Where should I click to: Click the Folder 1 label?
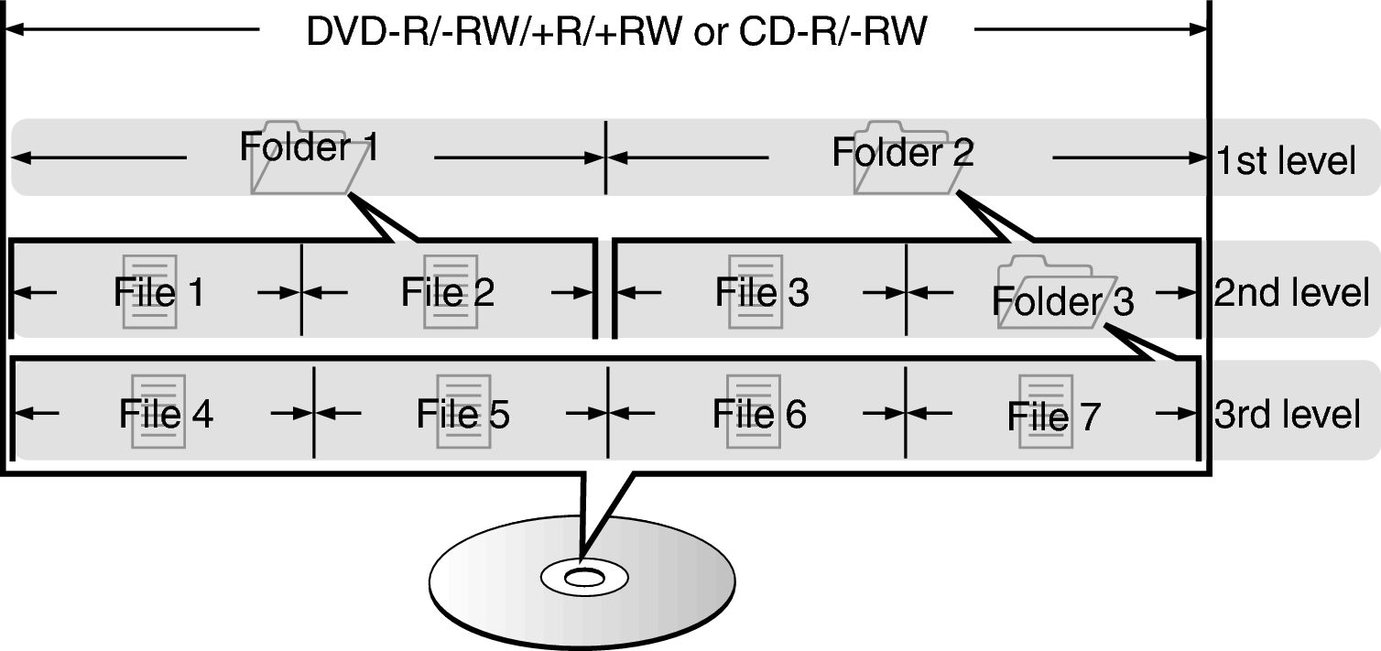click(x=309, y=147)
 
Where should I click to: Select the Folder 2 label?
click(x=902, y=152)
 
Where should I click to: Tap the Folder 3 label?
click(x=1062, y=300)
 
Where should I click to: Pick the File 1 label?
click(x=158, y=292)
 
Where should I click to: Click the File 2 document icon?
click(x=451, y=292)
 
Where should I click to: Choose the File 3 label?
click(x=762, y=292)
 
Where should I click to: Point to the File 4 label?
click(x=166, y=414)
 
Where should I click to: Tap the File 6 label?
click(x=759, y=414)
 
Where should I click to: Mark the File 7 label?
click(x=1053, y=417)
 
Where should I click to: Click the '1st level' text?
click(x=1286, y=161)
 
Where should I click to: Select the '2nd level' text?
click(x=1291, y=293)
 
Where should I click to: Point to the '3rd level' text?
click(x=1287, y=414)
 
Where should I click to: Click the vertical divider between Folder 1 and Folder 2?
click(x=605, y=157)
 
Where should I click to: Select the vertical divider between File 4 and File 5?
click(x=314, y=412)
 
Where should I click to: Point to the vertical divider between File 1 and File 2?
click(x=302, y=291)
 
